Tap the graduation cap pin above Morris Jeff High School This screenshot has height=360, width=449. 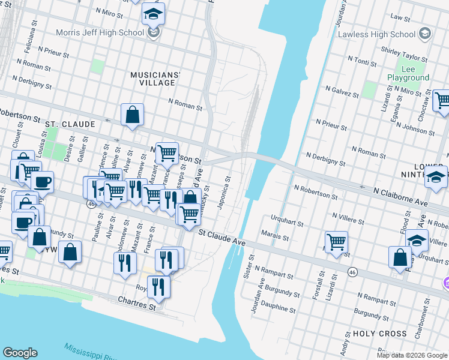click(154, 13)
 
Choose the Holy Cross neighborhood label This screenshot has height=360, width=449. click(379, 334)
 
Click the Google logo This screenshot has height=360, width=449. click(20, 353)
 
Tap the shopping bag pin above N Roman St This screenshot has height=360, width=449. click(132, 115)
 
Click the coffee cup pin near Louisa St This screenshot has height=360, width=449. click(42, 182)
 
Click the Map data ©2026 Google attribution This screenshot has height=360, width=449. click(411, 355)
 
